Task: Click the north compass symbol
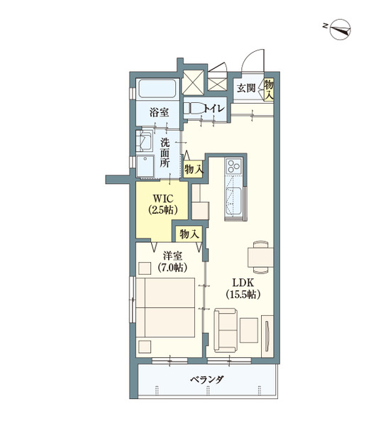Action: [x=340, y=29]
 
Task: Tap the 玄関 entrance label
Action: [x=246, y=88]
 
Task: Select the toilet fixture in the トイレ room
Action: [x=194, y=109]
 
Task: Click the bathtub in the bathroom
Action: [x=157, y=89]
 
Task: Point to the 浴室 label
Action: [x=159, y=112]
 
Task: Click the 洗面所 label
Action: [x=165, y=153]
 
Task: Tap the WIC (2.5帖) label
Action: [x=163, y=204]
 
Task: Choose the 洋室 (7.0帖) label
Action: [x=172, y=262]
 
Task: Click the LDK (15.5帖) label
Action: [x=243, y=288]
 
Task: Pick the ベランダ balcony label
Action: [x=207, y=379]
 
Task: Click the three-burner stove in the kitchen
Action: [x=234, y=165]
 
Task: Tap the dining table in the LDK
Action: [x=260, y=257]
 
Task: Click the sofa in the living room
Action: [x=225, y=330]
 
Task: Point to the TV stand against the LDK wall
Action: [x=267, y=336]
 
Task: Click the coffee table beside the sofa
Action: [x=249, y=330]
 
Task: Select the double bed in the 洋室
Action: [x=165, y=307]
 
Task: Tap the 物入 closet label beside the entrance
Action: [x=269, y=90]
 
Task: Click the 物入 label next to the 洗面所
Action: [x=194, y=170]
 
